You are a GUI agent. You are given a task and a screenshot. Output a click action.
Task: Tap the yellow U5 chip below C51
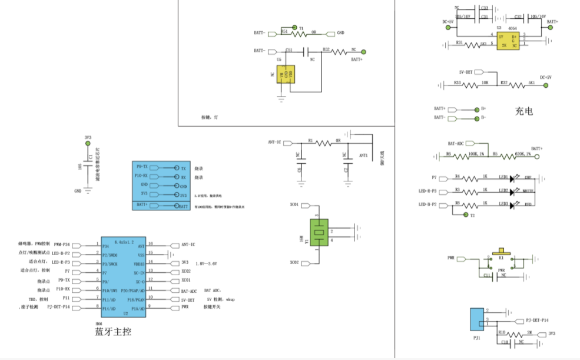pyautogui.click(x=285, y=75)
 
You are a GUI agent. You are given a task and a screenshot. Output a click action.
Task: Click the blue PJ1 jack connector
pyautogui.click(x=476, y=319)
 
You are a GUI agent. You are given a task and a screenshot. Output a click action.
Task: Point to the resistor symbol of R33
pyautogui.click(x=470, y=85)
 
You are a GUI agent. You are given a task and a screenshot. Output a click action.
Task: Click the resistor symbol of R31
pyautogui.click(x=470, y=44)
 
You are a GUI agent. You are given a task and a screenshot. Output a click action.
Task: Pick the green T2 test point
pyautogui.click(x=465, y=216)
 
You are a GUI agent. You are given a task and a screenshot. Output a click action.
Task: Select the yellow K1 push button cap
pyautogui.click(x=502, y=250)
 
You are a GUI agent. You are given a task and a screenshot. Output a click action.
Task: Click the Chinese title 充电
pyautogui.click(x=523, y=111)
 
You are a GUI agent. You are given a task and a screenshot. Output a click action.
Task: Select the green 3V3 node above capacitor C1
pyautogui.click(x=88, y=144)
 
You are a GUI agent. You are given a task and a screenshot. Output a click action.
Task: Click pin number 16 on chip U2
pyautogui.click(x=151, y=243)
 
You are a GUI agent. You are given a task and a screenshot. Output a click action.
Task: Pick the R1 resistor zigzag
pyautogui.click(x=325, y=143)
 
